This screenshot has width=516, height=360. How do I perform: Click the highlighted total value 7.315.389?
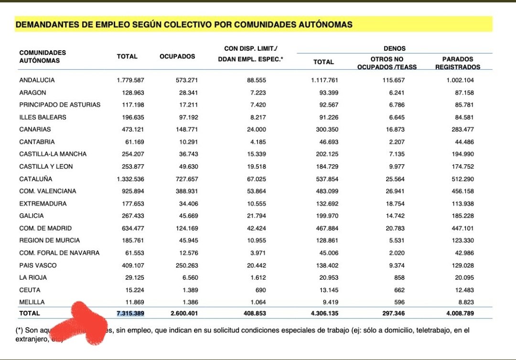(130, 313)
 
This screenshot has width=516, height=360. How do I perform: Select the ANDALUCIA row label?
(37, 80)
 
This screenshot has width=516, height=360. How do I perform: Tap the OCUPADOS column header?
(177, 56)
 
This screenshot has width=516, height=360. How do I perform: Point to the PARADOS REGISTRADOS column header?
(457, 63)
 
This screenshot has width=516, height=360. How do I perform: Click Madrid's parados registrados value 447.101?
(461, 228)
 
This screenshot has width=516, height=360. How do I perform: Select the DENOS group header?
(394, 48)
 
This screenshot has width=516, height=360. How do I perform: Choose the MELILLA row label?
(32, 302)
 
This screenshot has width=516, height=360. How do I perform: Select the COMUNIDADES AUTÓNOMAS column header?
(43, 56)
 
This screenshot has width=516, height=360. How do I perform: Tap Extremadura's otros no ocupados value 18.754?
(394, 204)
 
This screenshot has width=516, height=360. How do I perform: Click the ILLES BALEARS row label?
(43, 117)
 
